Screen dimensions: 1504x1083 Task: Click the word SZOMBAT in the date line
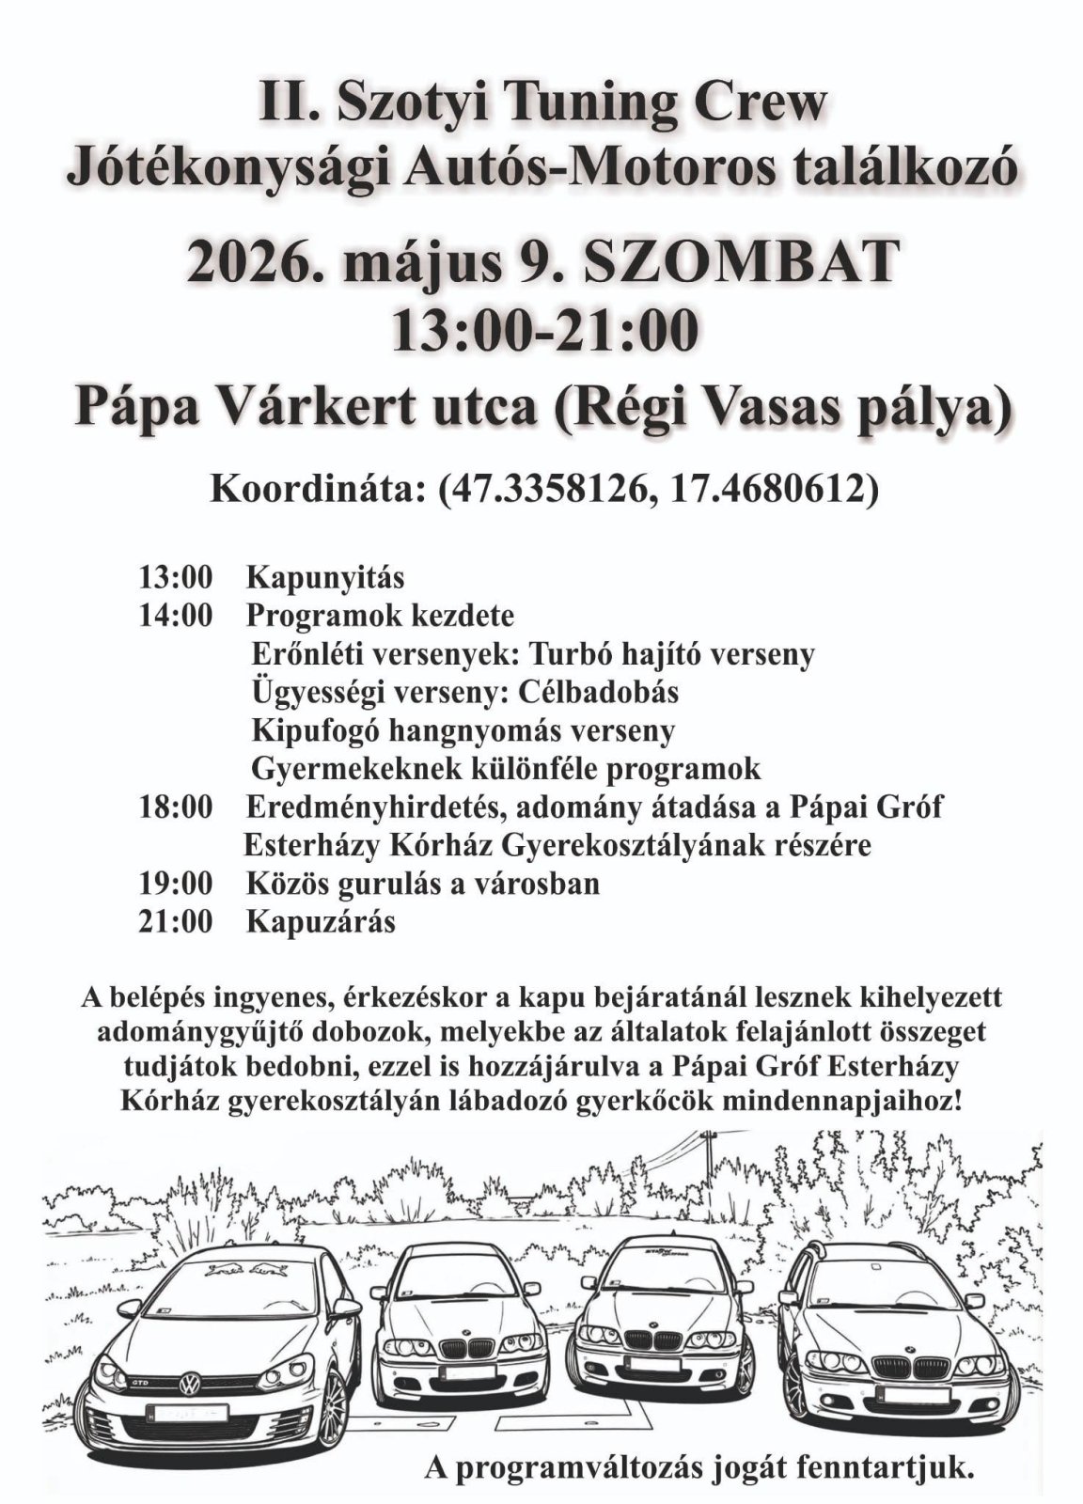point(740,264)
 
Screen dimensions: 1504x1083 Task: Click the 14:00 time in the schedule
point(176,616)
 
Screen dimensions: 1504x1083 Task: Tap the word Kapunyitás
point(324,576)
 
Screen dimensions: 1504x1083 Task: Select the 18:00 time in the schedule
point(176,807)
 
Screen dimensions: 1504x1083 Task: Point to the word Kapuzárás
point(321,921)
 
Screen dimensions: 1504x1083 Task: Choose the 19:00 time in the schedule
point(176,884)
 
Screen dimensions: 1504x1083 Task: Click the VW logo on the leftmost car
point(191,1385)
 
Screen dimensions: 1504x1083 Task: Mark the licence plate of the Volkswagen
point(191,1413)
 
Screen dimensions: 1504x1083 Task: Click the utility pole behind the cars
point(706,1175)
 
